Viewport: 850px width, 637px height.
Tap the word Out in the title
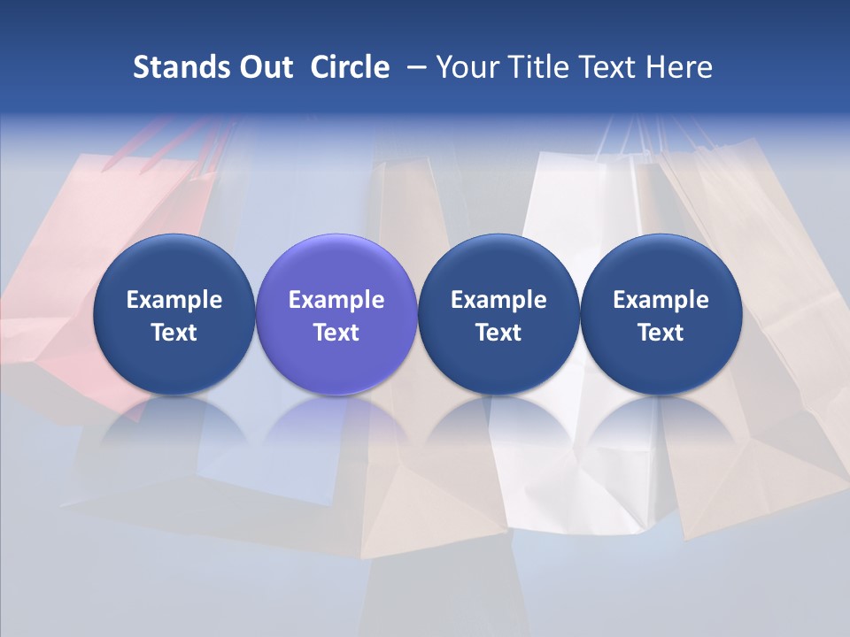pyautogui.click(x=266, y=67)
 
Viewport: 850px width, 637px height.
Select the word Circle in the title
pyautogui.click(x=350, y=67)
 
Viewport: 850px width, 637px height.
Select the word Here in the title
pyautogui.click(x=680, y=67)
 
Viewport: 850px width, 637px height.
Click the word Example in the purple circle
pyautogui.click(x=336, y=300)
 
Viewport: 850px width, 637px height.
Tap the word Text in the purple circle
pyautogui.click(x=336, y=333)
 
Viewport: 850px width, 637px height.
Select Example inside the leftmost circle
pyautogui.click(x=174, y=300)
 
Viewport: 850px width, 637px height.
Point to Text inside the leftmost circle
pyautogui.click(x=174, y=333)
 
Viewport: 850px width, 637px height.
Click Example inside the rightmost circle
pyautogui.click(x=661, y=300)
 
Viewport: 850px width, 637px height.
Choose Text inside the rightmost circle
pyautogui.click(x=661, y=333)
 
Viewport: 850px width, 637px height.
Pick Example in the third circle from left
pyautogui.click(x=498, y=300)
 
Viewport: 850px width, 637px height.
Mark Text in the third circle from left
pyautogui.click(x=498, y=333)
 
